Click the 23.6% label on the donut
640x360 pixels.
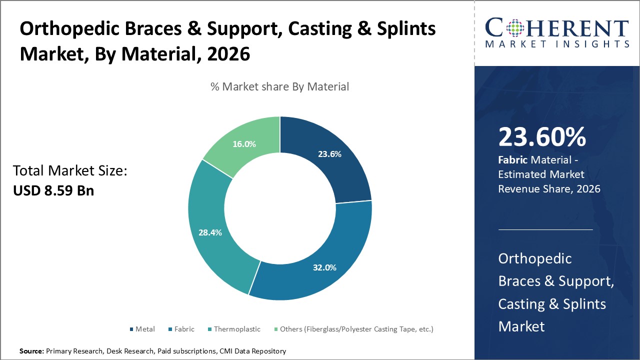click(x=329, y=154)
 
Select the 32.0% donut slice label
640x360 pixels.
click(x=324, y=267)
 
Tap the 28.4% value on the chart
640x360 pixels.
click(x=210, y=232)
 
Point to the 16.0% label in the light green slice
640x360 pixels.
click(x=244, y=144)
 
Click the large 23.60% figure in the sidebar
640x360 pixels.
click(x=542, y=137)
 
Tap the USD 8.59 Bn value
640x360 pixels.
click(x=53, y=190)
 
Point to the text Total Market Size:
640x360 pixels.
click(x=70, y=171)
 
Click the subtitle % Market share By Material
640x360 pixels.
click(x=279, y=86)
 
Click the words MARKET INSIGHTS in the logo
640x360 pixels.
click(x=556, y=44)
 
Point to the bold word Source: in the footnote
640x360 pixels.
click(x=31, y=351)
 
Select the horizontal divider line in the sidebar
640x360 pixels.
click(x=545, y=230)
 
